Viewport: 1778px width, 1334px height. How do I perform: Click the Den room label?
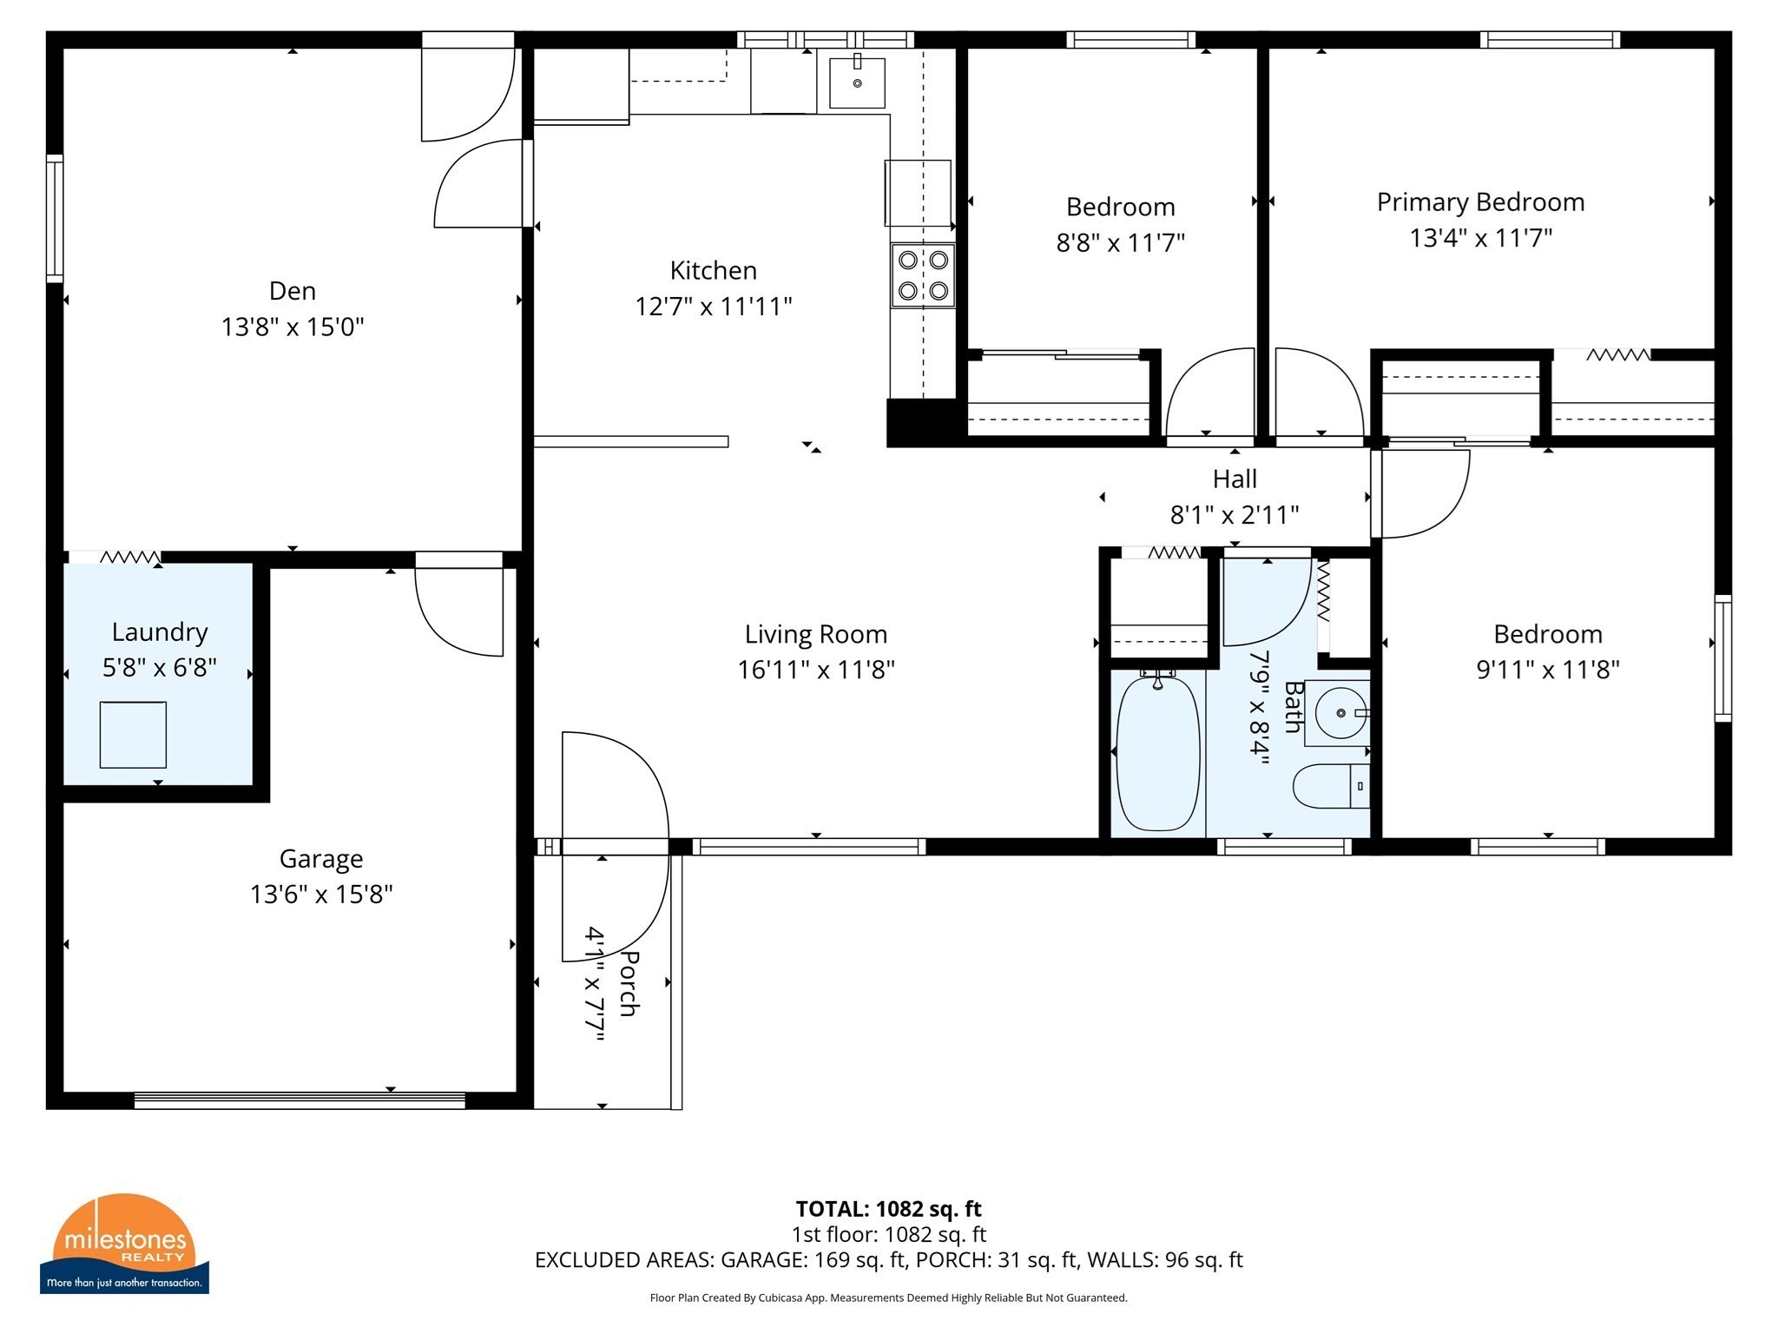pyautogui.click(x=292, y=291)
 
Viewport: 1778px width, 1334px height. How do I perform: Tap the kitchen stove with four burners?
pyautogui.click(x=922, y=275)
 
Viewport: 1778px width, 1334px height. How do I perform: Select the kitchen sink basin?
pyautogui.click(x=857, y=83)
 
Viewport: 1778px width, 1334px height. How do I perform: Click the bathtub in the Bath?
pyautogui.click(x=1157, y=753)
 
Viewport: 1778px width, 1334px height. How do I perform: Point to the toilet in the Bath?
pyautogui.click(x=1328, y=786)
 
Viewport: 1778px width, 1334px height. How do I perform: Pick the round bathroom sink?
pyautogui.click(x=1340, y=713)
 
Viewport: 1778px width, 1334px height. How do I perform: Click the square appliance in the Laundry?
pyautogui.click(x=133, y=735)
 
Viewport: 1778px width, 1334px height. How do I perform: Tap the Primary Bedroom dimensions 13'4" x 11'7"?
pyautogui.click(x=1480, y=238)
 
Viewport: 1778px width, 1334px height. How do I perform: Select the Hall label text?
pyautogui.click(x=1235, y=479)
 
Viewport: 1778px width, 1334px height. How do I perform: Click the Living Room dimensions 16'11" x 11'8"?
pyautogui.click(x=815, y=670)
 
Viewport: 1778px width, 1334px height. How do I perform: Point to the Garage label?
pyautogui.click(x=320, y=858)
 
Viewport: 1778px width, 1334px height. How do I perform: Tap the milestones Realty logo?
pyautogui.click(x=124, y=1243)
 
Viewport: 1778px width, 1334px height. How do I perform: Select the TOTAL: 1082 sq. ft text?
pyautogui.click(x=888, y=1208)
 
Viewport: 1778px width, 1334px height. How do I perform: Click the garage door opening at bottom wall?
pyautogui.click(x=300, y=1100)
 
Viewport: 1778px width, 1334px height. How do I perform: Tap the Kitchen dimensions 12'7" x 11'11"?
pyautogui.click(x=713, y=307)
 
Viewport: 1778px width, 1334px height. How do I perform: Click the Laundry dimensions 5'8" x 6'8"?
pyautogui.click(x=159, y=668)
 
